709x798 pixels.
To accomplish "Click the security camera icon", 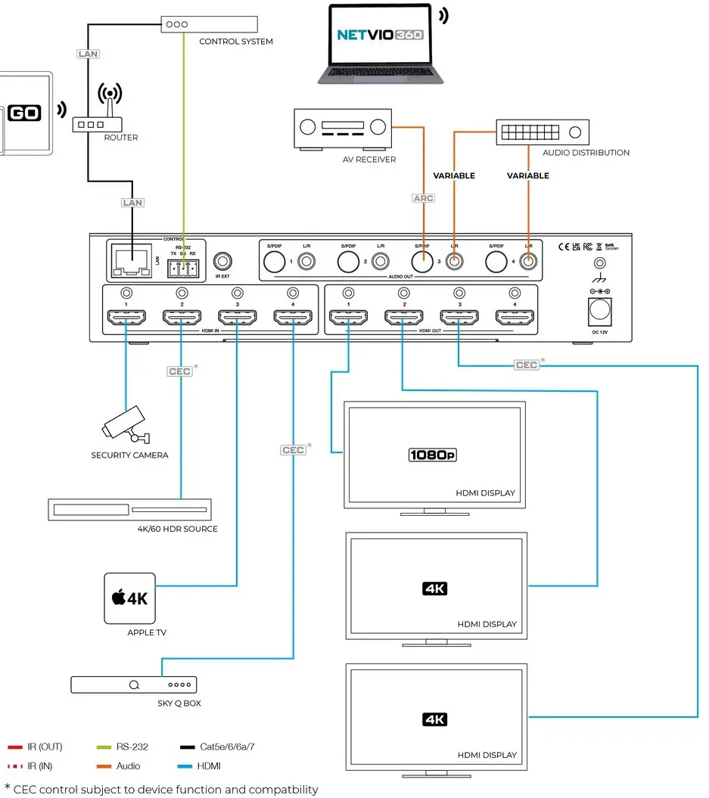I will point(126,425).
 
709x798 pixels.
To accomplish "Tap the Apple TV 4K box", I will point(129,598).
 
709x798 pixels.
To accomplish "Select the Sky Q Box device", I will point(133,685).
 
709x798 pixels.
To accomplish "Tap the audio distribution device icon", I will point(542,132).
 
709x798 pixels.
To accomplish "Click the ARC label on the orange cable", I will point(424,198).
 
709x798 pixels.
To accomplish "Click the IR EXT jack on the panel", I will point(222,262).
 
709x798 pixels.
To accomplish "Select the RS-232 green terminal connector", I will point(182,266).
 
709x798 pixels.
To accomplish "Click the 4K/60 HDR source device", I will point(129,510).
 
